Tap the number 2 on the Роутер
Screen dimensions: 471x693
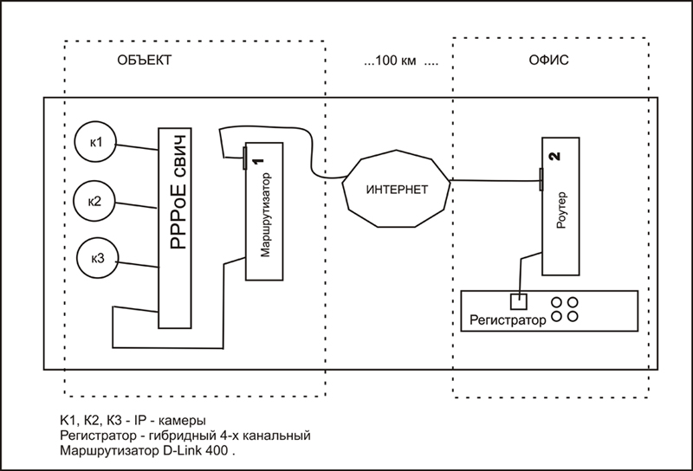pyautogui.click(x=556, y=157)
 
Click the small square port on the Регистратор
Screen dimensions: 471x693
pyautogui.click(x=518, y=302)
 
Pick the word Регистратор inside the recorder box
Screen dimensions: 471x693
pyautogui.click(x=507, y=321)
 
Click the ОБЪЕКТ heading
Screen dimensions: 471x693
pyautogui.click(x=144, y=61)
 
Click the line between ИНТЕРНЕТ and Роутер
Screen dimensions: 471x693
pyautogui.click(x=494, y=181)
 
